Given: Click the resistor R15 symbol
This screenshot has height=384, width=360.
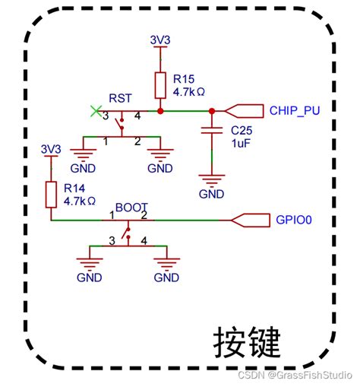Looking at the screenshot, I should [160, 85].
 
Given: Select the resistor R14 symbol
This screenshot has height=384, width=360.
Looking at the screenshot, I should [51, 194].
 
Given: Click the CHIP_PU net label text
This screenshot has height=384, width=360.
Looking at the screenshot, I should [295, 110].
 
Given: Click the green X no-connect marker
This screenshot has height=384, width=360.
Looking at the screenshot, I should [95, 111].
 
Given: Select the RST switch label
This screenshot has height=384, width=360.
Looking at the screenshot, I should [120, 97].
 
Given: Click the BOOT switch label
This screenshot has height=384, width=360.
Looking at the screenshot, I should [131, 207].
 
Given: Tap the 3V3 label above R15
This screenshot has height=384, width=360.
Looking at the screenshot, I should [159, 39].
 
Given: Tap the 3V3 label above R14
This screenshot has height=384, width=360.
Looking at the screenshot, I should [50, 149].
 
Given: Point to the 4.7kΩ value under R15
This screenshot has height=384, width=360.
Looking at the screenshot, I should [190, 90].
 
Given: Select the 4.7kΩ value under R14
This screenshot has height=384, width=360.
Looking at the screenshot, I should [79, 202].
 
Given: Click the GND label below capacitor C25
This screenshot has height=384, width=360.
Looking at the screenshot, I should [212, 193].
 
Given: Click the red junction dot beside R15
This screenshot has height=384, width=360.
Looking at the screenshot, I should [160, 111].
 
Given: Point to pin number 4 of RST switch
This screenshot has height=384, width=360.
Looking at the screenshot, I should [137, 116].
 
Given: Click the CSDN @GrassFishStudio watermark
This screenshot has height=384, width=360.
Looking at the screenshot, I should [298, 375].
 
